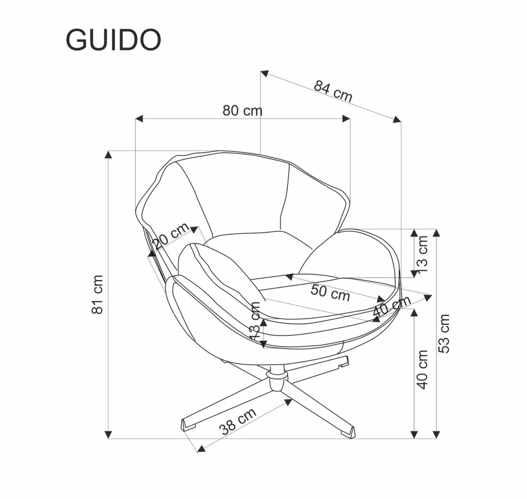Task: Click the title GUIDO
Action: pos(113,40)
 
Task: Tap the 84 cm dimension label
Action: pos(333,90)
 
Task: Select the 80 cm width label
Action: pos(242,110)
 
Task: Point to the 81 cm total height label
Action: pos(97,294)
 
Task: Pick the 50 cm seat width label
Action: pos(330,292)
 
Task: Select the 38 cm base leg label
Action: pos(238,420)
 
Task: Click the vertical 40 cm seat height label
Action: pos(422,369)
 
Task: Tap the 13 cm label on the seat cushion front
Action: pos(255,321)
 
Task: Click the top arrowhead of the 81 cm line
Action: pos(109,155)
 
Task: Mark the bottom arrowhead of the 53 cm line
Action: pos(436,434)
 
